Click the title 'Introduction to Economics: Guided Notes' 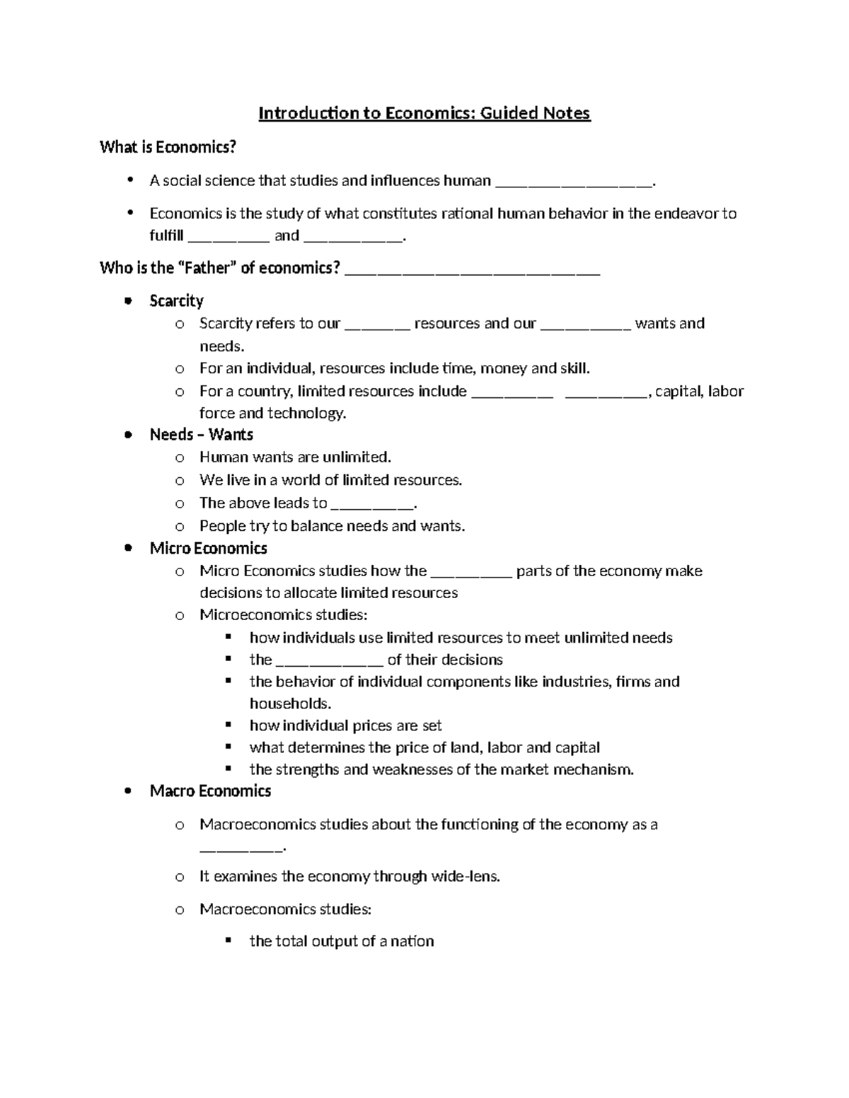coord(424,113)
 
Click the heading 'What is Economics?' coord(168,147)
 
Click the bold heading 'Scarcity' coord(176,301)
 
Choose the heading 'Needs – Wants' coord(201,435)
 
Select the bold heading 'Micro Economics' coord(208,549)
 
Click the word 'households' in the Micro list coord(289,703)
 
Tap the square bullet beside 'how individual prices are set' coord(228,725)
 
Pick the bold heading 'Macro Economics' coord(210,791)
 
